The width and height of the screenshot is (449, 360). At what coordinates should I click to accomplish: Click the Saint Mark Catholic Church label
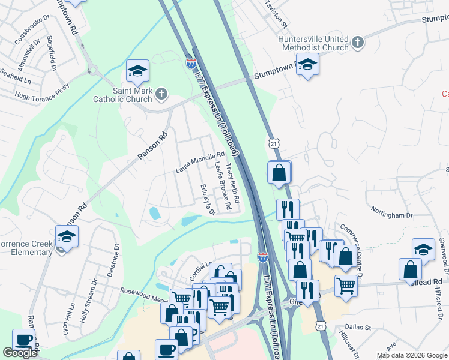(x=125, y=95)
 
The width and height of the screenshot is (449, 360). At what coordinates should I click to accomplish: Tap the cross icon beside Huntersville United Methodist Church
(x=358, y=42)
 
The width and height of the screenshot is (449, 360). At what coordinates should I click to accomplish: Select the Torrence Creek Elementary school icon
(x=67, y=236)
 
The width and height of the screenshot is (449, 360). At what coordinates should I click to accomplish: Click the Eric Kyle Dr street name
(x=207, y=200)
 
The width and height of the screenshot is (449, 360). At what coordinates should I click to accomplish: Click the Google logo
(x=20, y=353)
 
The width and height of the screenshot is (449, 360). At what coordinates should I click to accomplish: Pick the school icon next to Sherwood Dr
(x=423, y=250)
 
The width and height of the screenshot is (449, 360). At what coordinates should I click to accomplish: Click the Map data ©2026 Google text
(x=412, y=355)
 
